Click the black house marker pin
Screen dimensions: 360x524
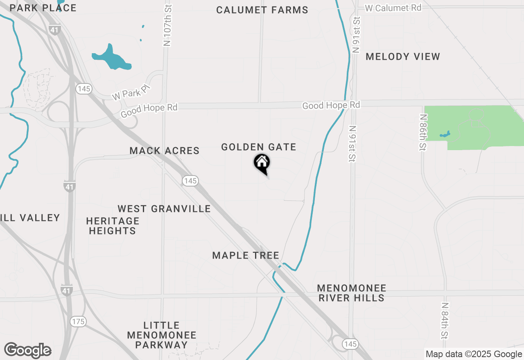pos(262,164)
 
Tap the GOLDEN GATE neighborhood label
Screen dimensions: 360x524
pos(258,147)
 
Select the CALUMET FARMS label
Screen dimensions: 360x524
pos(262,10)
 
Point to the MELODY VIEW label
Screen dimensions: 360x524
pos(403,56)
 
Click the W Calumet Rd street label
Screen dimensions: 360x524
pos(393,8)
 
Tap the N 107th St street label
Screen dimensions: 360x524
pos(167,25)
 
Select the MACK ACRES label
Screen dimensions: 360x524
pos(165,151)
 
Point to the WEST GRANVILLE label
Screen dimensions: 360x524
pos(164,209)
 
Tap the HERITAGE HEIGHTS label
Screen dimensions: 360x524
pos(113,226)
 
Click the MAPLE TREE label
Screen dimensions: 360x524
pos(246,255)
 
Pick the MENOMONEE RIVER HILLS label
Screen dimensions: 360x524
pos(351,293)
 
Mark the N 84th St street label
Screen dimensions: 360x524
pos(445,321)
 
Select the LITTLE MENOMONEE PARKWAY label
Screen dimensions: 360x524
pos(162,335)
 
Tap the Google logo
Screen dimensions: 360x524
pos(27,350)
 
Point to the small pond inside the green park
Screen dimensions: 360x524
pos(445,134)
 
